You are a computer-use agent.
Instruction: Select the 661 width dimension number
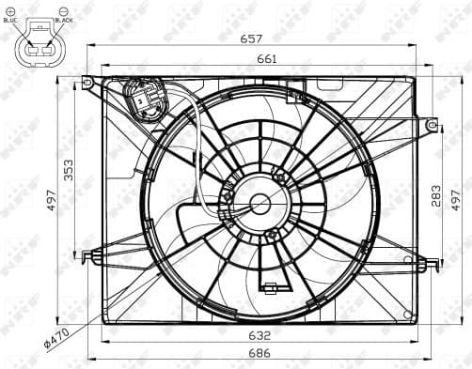coord(251,58)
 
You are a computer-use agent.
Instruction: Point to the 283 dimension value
coord(434,194)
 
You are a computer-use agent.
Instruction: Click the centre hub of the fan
coord(259,204)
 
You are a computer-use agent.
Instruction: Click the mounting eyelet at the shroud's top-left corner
coord(87,83)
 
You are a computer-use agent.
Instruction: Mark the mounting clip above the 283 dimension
coord(431,124)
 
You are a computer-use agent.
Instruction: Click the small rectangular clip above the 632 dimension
coord(270,287)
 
